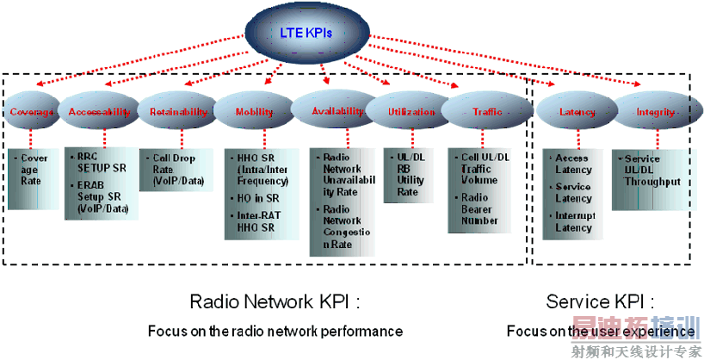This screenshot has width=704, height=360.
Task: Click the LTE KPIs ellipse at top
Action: pyautogui.click(x=306, y=33)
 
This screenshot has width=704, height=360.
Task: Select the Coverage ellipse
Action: pyautogui.click(x=33, y=112)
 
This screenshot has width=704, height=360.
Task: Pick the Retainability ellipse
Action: pyautogui.click(x=178, y=112)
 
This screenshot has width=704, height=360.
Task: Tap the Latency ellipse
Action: pyautogui.click(x=577, y=112)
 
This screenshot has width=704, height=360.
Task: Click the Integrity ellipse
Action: pyautogui.click(x=655, y=112)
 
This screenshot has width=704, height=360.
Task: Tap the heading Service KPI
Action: pyautogui.click(x=599, y=302)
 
